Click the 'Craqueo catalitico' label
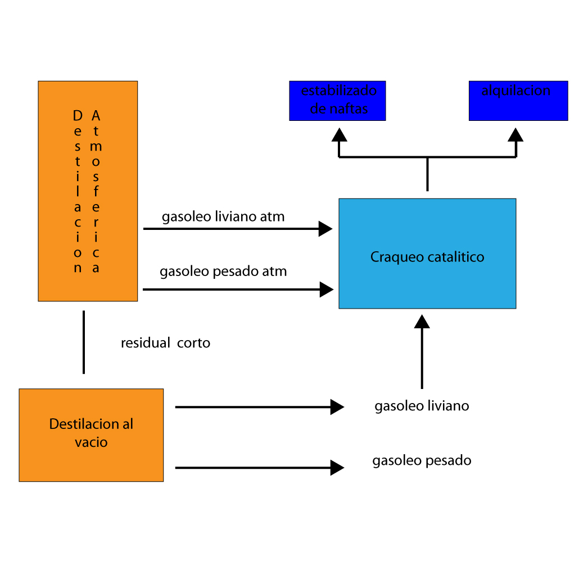tap(427, 257)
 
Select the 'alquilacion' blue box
tap(518, 101)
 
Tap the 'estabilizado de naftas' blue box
tap(337, 101)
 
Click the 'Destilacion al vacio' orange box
tap(91, 435)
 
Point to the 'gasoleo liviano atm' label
tap(223, 217)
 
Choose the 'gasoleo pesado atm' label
tap(223, 272)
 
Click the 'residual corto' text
tap(165, 343)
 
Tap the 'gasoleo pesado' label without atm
tap(422, 460)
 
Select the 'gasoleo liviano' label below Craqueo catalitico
tap(422, 406)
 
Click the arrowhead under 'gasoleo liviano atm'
tap(325, 229)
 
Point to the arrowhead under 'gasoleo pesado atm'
tap(327, 289)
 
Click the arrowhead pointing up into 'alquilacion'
tap(515, 135)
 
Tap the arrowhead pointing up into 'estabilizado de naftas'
tap(340, 135)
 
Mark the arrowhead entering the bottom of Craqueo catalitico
tap(422, 321)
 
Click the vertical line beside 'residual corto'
tap(84, 342)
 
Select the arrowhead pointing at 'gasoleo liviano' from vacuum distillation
tap(337, 407)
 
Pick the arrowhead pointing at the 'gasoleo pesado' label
tap(337, 468)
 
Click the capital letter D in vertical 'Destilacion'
tap(78, 116)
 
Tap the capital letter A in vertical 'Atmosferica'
tap(96, 116)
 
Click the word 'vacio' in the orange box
tap(91, 442)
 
